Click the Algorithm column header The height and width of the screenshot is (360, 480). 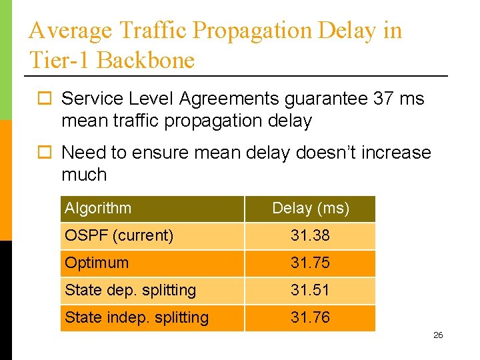coord(98,208)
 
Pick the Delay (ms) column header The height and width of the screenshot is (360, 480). coord(310,208)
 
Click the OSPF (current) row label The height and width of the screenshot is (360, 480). coord(119,235)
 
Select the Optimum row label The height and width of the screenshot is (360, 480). coord(97,263)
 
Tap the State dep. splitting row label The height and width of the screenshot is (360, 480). coord(130,290)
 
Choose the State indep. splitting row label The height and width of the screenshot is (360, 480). coord(137,317)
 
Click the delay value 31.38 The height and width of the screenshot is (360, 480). coord(310,235)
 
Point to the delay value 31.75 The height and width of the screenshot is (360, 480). coord(310,263)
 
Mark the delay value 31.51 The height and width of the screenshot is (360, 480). coord(310,290)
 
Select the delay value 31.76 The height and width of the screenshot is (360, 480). coord(310,317)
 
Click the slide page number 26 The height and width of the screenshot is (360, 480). coord(438,335)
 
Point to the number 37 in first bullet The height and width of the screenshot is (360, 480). coord(383,99)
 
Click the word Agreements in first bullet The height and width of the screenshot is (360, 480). coord(229,99)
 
